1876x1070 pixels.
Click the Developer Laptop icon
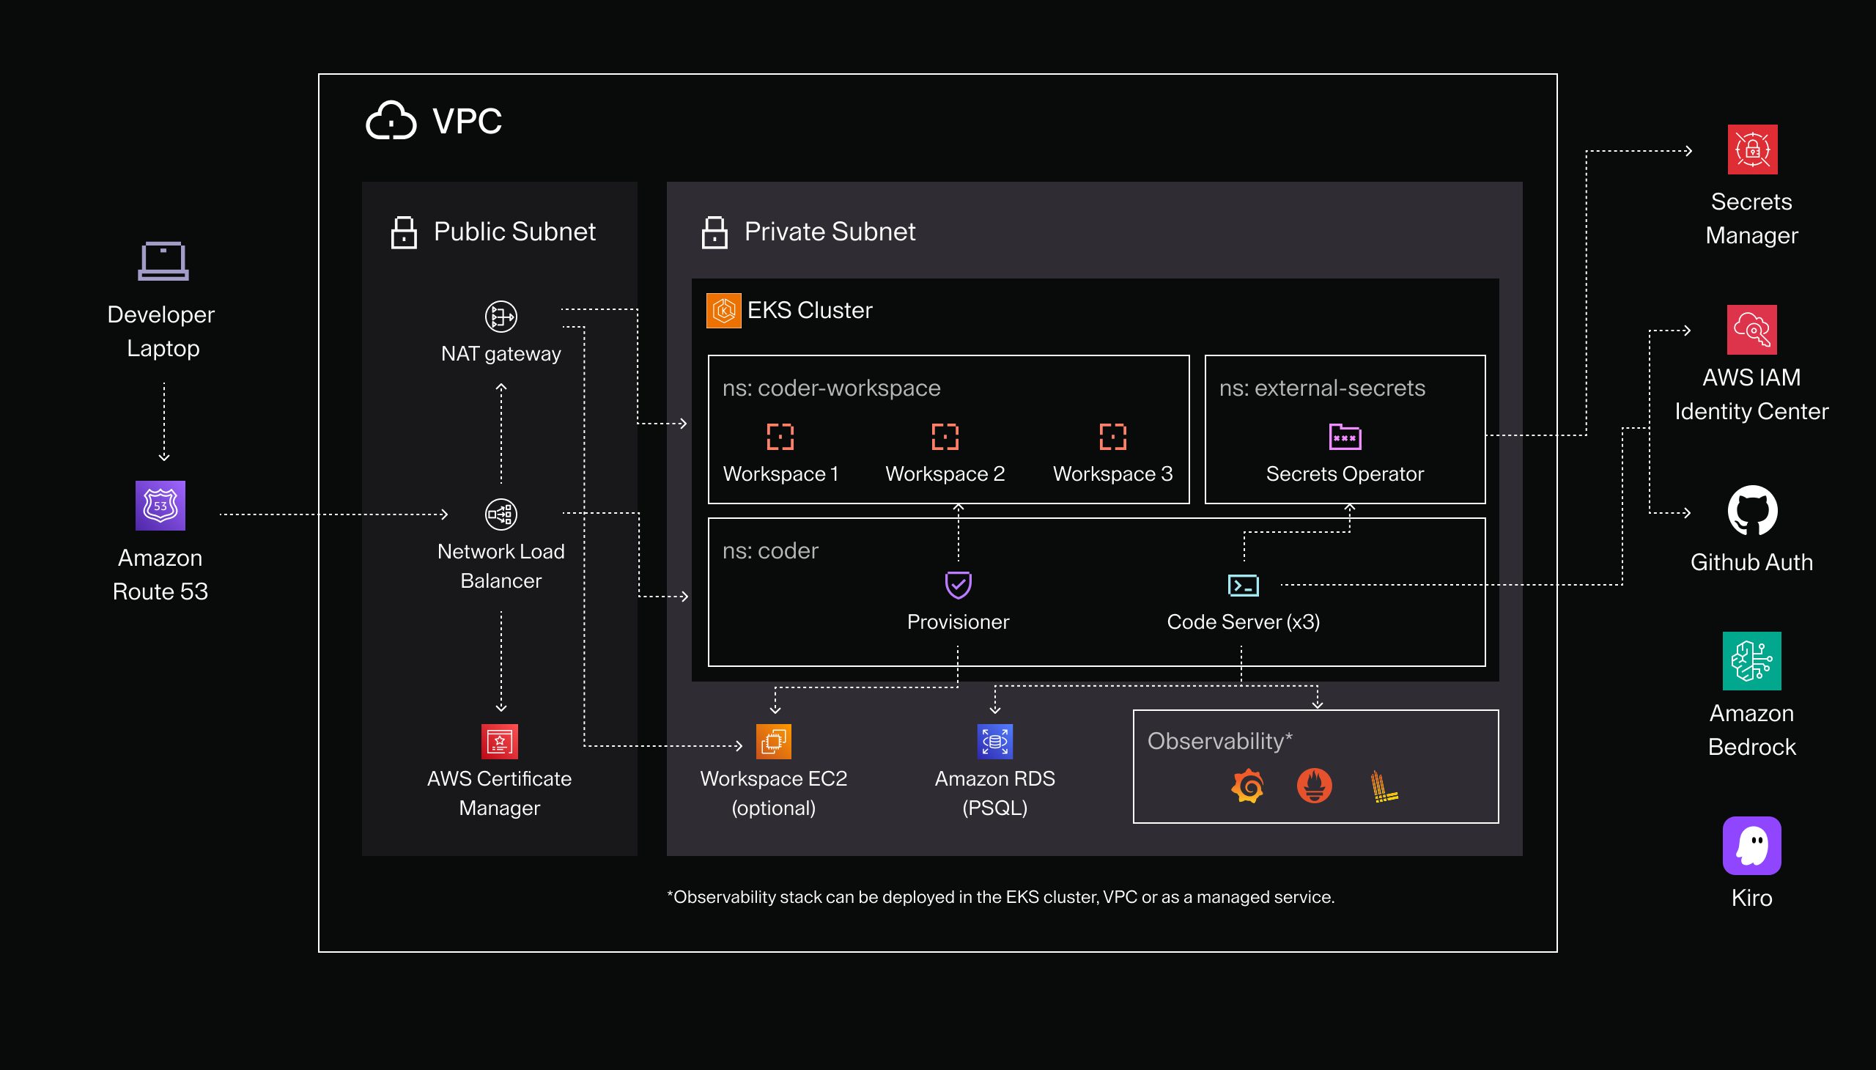(x=163, y=261)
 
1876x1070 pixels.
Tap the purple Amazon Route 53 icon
(x=160, y=506)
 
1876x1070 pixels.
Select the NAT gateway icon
(x=501, y=317)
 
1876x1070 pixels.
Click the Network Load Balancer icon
(x=501, y=514)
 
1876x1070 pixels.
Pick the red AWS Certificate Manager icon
(x=500, y=742)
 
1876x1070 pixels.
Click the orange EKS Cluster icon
(x=724, y=310)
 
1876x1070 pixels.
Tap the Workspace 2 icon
(x=945, y=437)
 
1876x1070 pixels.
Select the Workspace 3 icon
(x=1112, y=437)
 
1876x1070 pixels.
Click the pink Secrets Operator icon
(x=1345, y=437)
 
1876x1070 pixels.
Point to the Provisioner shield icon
(x=959, y=585)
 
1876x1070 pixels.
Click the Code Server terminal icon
(x=1244, y=585)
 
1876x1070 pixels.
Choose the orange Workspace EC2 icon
(x=774, y=742)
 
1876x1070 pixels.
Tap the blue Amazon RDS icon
(x=995, y=742)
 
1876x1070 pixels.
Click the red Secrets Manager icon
(x=1752, y=150)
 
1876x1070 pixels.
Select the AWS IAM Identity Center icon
(x=1752, y=330)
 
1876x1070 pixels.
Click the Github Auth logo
(x=1752, y=511)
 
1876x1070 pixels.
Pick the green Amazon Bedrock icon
(x=1752, y=660)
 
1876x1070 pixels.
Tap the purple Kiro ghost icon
(x=1752, y=846)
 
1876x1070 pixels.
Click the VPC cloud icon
(x=391, y=120)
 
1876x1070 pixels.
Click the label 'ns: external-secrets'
(x=1322, y=388)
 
